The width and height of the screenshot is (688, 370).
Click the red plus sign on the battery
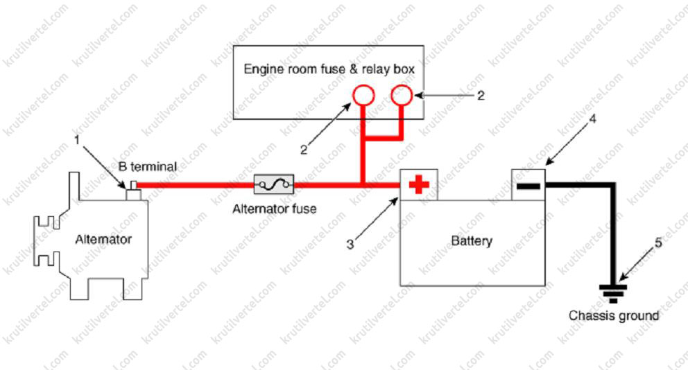coord(419,185)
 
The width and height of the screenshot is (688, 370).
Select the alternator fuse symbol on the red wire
coord(275,184)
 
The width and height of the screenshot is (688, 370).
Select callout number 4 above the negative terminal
coord(592,118)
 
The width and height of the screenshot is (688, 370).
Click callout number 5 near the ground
coord(659,243)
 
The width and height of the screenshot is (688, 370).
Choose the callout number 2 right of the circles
coord(480,95)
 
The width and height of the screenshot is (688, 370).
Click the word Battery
coord(472,241)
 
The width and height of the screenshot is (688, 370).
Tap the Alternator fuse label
coord(275,208)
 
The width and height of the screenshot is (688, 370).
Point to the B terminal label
coord(147,166)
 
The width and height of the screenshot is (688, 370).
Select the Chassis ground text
coord(614,315)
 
